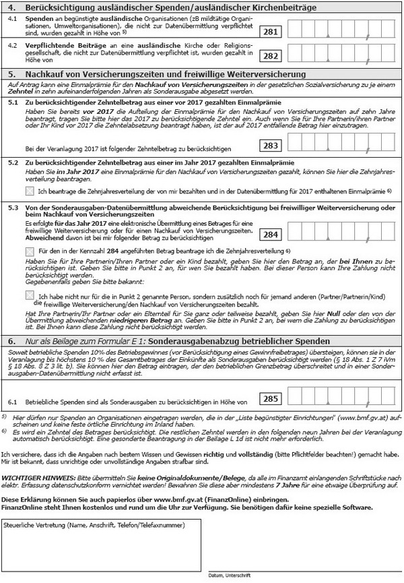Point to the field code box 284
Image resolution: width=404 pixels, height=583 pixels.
[272, 235]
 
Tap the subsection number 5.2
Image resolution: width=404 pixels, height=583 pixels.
[13, 162]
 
